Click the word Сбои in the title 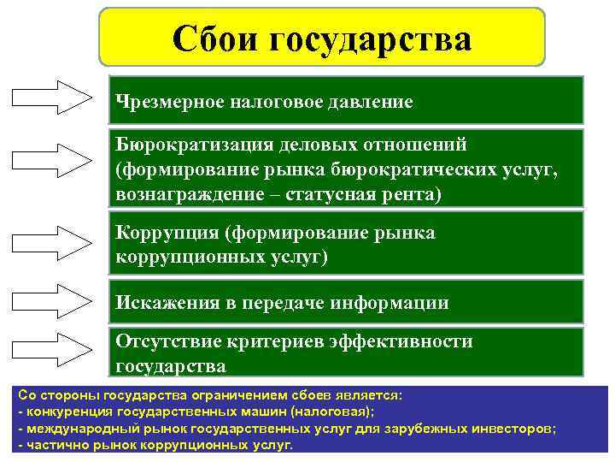click(x=215, y=39)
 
